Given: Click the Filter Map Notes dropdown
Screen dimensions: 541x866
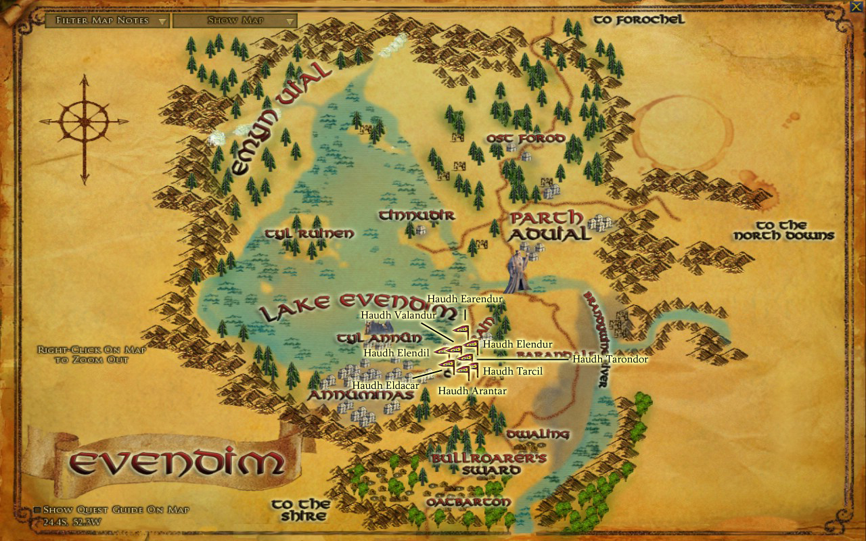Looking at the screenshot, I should [x=107, y=20].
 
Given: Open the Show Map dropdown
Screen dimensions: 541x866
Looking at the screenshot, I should [x=235, y=20].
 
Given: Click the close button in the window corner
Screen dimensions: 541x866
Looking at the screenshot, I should [x=857, y=7].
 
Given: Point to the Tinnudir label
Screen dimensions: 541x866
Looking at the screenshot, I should [x=417, y=216].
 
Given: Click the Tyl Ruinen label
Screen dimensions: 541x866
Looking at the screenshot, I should [x=309, y=233].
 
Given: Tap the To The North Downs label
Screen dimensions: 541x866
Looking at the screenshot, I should [x=783, y=230].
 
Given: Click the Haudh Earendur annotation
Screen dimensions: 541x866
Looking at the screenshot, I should [x=465, y=299].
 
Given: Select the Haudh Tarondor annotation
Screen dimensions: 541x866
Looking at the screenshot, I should [x=610, y=359].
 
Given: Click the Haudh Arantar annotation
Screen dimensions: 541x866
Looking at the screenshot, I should [x=472, y=391].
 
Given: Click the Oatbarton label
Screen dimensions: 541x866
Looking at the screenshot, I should [x=468, y=503].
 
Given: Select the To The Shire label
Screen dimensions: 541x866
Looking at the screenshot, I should [x=300, y=509].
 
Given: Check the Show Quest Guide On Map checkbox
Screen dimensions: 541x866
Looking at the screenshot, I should [x=38, y=510].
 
